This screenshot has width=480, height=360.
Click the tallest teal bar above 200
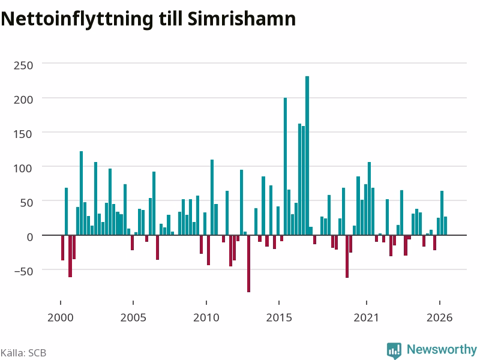(307, 155)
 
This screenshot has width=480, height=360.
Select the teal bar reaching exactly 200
(286, 166)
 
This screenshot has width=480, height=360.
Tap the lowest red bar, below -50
(248, 263)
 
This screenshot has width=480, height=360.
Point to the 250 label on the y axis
(23, 65)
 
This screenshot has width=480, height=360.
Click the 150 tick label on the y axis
(23, 134)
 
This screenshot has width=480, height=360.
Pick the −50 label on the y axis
(23, 271)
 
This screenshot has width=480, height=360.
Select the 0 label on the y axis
(29, 237)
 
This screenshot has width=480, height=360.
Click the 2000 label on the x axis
(61, 317)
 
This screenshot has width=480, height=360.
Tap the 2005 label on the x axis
(133, 317)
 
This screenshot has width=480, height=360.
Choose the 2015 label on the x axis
(279, 317)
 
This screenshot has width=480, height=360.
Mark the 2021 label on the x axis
(367, 317)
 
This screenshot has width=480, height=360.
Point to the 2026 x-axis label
(440, 317)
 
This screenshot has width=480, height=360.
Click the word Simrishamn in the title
(242, 19)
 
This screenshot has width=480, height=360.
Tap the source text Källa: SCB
(23, 353)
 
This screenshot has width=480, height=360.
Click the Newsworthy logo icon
(394, 350)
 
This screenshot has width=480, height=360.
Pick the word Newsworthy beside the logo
(442, 349)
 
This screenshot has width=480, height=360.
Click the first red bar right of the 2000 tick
(63, 248)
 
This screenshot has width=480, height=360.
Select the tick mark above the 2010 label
(206, 303)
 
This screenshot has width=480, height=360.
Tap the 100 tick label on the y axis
(23, 168)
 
